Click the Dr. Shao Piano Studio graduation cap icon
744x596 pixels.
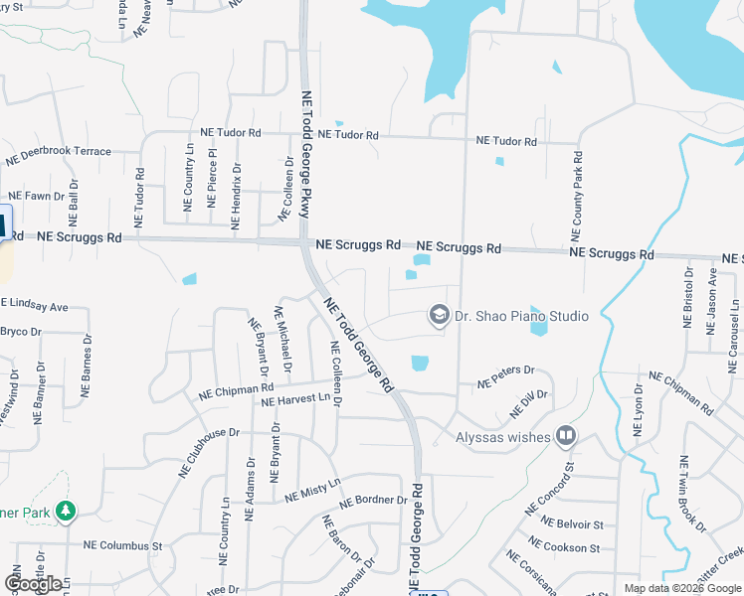point(438,315)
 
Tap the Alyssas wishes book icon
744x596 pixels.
point(566,436)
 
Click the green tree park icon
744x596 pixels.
point(66,511)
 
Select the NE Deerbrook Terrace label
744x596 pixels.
point(58,155)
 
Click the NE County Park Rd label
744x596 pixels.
point(576,195)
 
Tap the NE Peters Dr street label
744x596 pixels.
point(505,376)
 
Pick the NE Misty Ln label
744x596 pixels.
point(312,489)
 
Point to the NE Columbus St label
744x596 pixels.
point(122,546)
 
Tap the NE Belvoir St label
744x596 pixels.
point(572,522)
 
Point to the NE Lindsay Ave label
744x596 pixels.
point(34,304)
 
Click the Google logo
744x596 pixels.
point(33,584)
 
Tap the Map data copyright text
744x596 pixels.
point(681,588)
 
